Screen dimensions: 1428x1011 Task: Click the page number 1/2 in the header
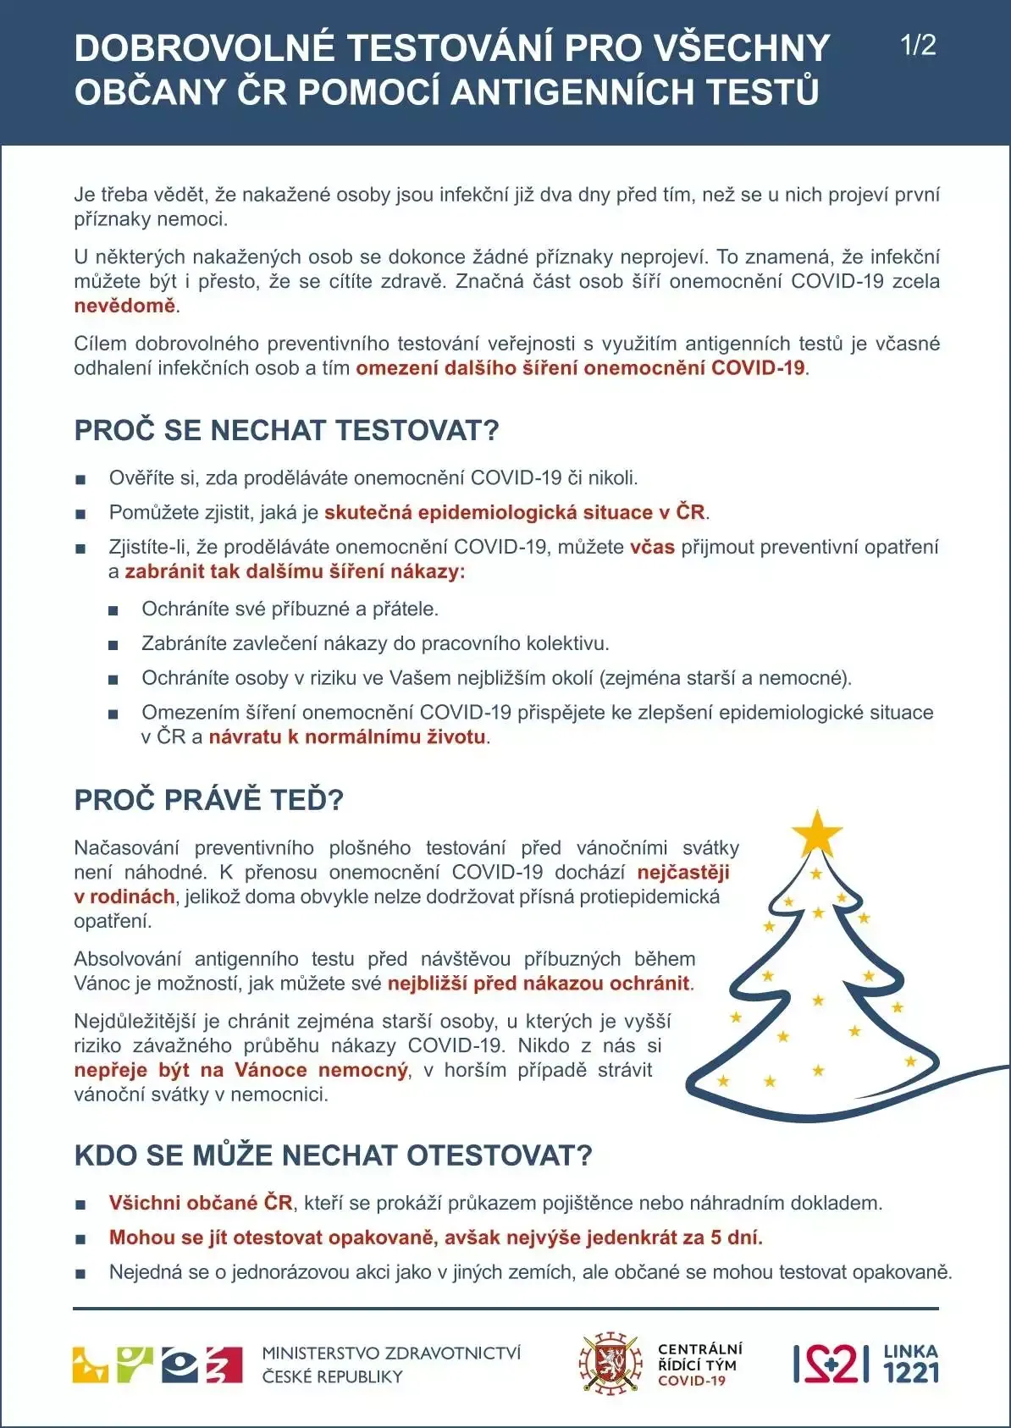click(x=918, y=45)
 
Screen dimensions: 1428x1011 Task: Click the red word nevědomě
click(x=125, y=306)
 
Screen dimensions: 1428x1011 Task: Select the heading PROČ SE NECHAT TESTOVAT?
click(x=286, y=430)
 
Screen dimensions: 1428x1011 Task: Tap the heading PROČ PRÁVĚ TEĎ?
click(x=208, y=800)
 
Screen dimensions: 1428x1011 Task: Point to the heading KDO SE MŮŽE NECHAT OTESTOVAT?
click(x=333, y=1155)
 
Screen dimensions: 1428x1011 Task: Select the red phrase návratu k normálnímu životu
click(x=347, y=736)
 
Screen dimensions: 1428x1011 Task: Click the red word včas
click(x=652, y=547)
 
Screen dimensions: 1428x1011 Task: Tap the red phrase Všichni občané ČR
click(x=201, y=1203)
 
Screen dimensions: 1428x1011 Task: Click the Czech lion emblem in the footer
click(x=610, y=1363)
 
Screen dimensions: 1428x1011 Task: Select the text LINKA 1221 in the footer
click(x=911, y=1363)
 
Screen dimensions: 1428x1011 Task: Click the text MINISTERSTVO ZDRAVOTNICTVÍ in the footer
click(x=391, y=1354)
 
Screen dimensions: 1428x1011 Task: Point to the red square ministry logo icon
click(x=224, y=1365)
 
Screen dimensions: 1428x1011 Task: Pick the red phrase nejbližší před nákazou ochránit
click(x=539, y=984)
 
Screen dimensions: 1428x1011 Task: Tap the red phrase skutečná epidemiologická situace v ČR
click(x=514, y=512)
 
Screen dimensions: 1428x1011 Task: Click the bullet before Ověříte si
click(x=80, y=479)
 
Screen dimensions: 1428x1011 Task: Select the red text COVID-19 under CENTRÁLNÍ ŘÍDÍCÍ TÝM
click(x=692, y=1381)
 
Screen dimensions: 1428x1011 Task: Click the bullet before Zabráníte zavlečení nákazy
click(x=113, y=645)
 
